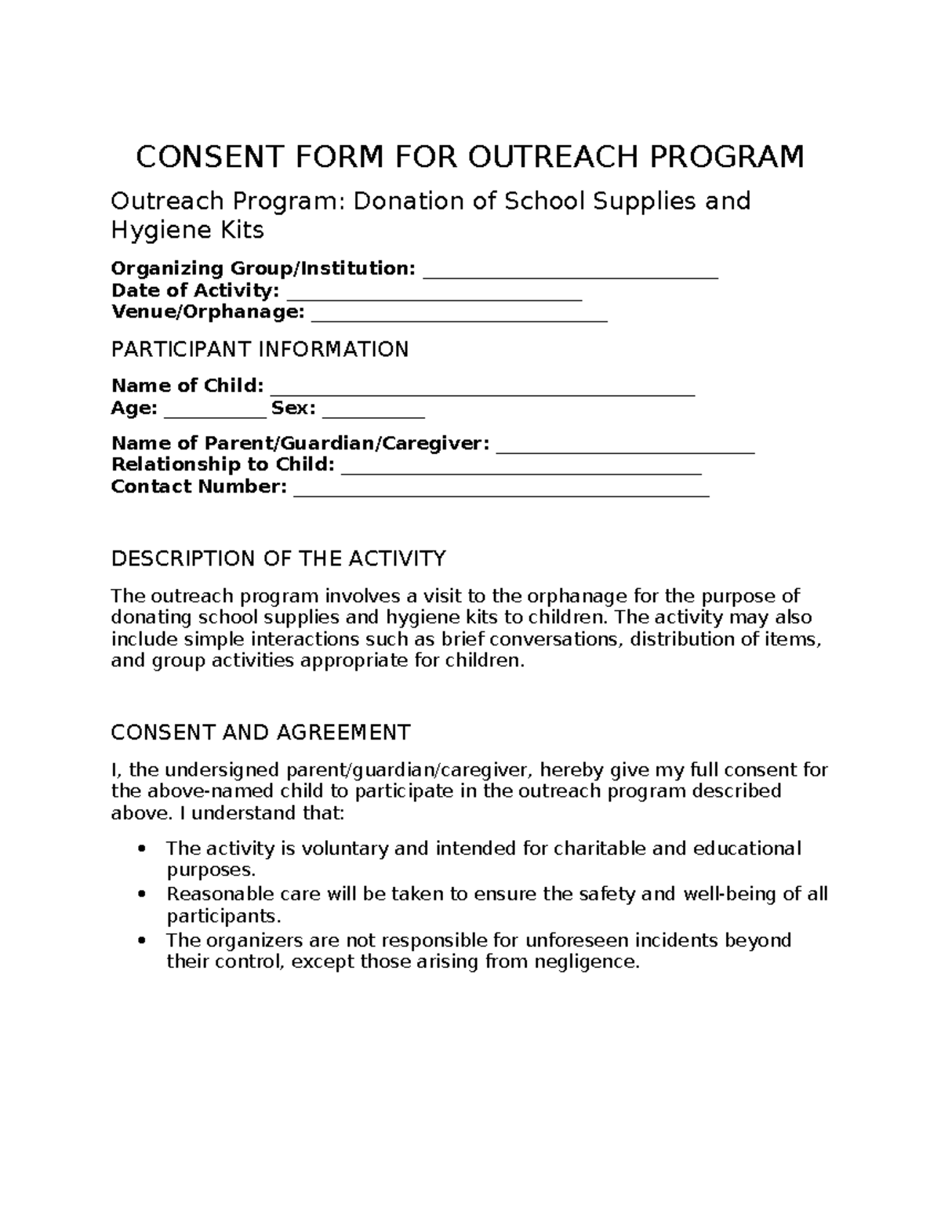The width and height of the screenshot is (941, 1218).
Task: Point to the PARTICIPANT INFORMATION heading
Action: coord(260,349)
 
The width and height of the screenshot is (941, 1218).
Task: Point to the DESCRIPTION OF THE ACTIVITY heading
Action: coord(278,558)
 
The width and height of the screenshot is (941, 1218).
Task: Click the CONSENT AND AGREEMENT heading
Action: coord(260,733)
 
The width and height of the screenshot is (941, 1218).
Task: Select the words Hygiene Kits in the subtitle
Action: coord(187,230)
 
